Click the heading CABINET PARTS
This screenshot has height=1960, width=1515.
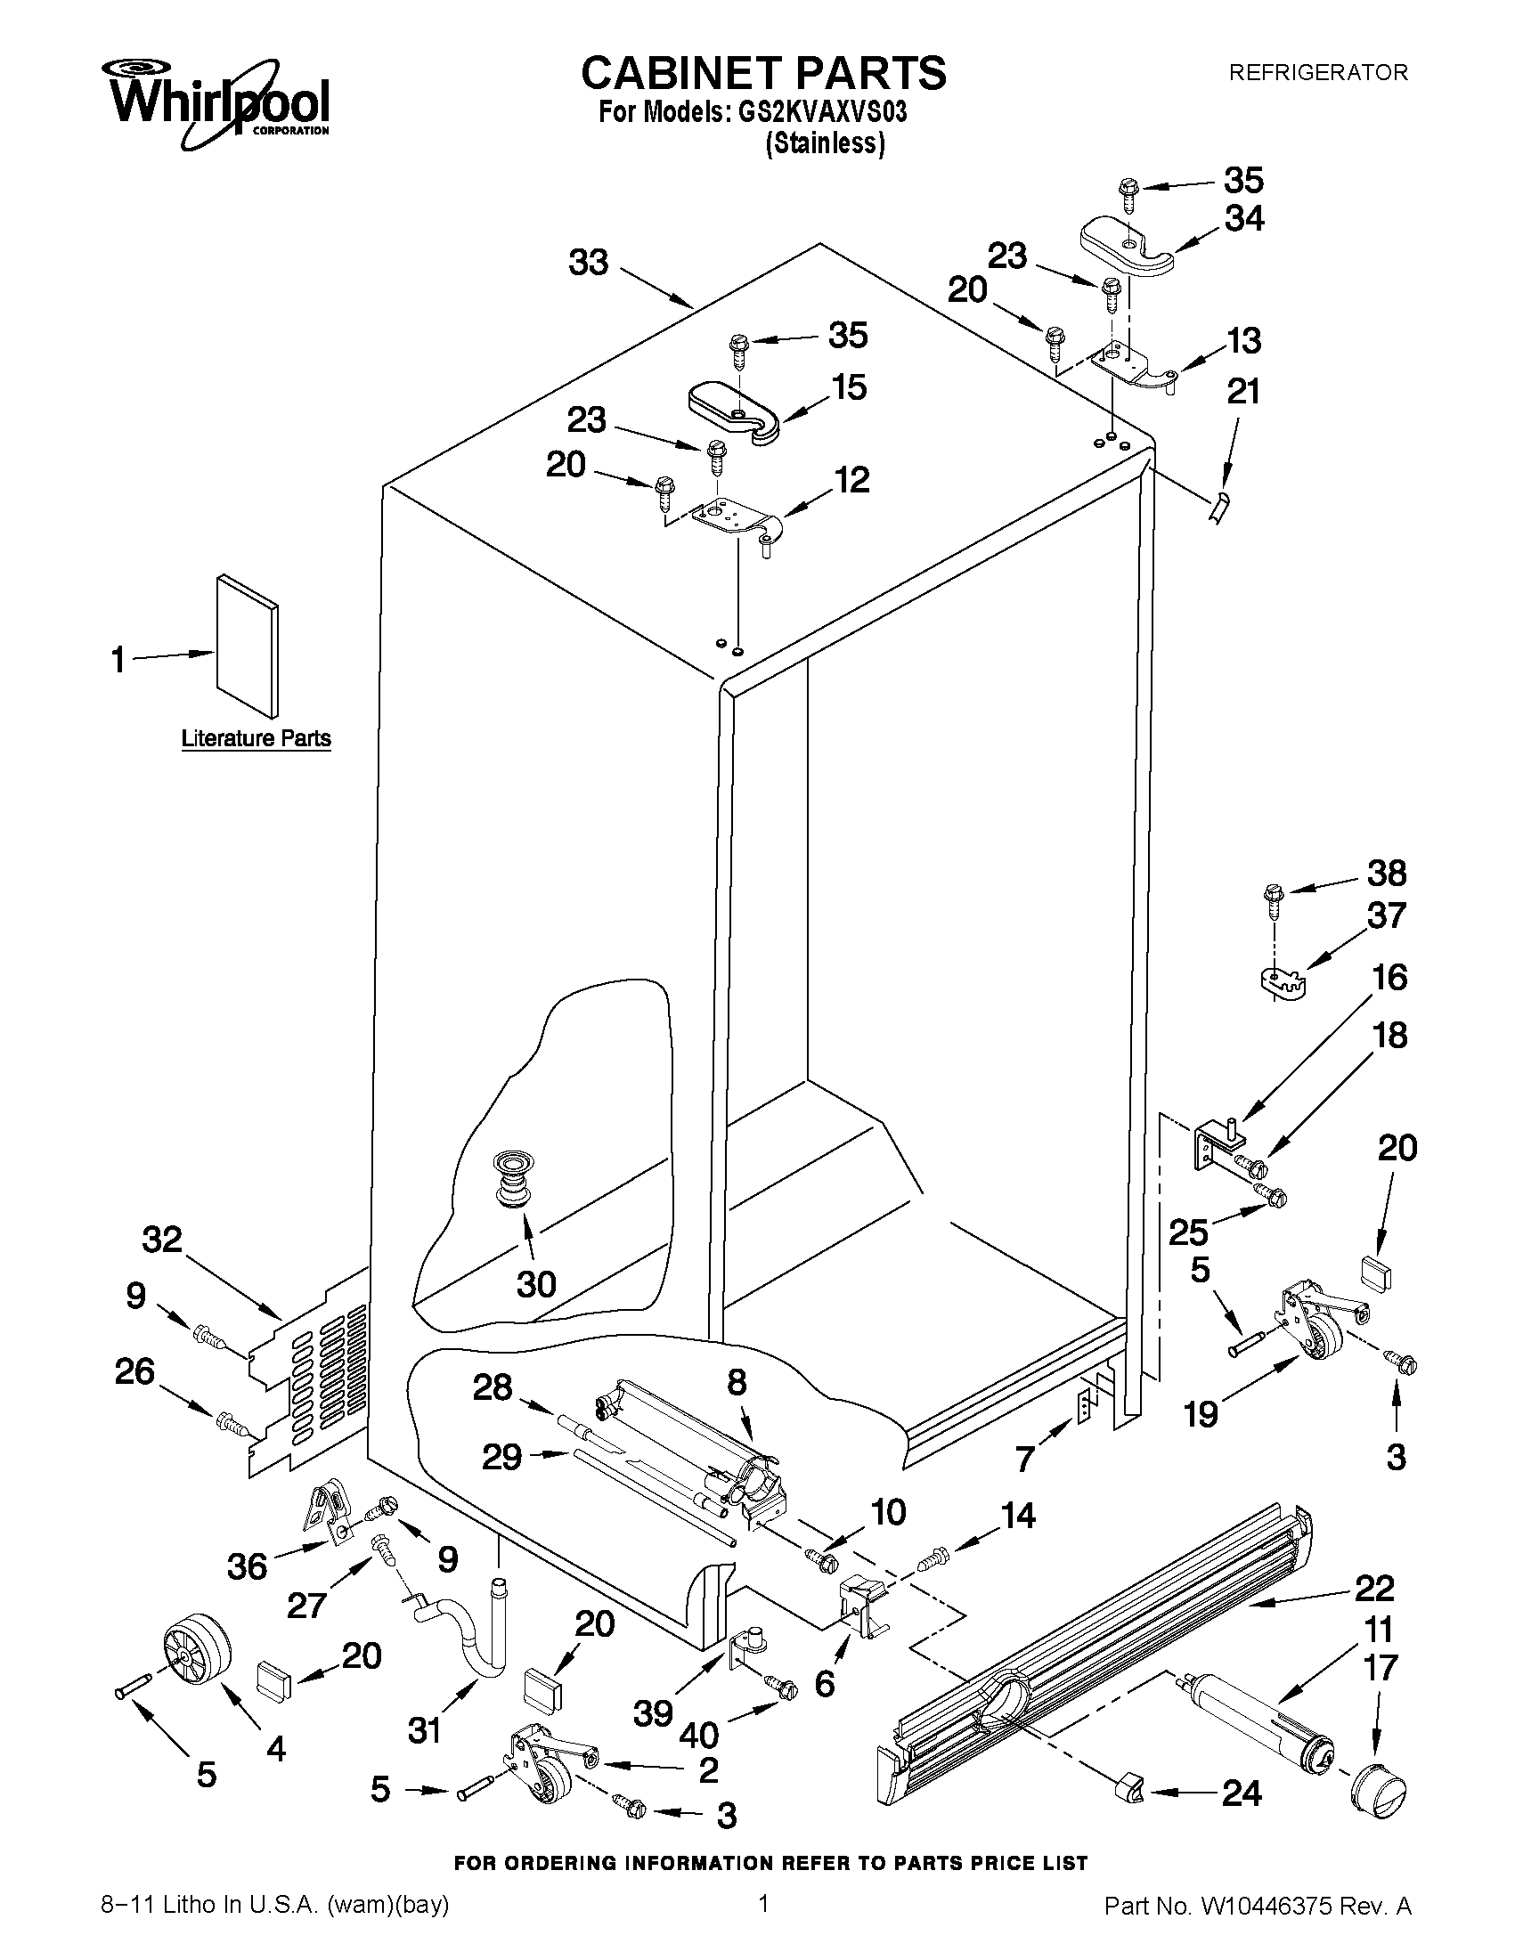763,72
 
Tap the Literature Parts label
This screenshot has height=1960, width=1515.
256,738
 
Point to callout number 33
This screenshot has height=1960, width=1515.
589,262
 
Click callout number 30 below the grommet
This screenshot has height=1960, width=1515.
536,1284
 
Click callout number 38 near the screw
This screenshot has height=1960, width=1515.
1386,873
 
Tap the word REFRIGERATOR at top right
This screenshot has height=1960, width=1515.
1317,72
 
